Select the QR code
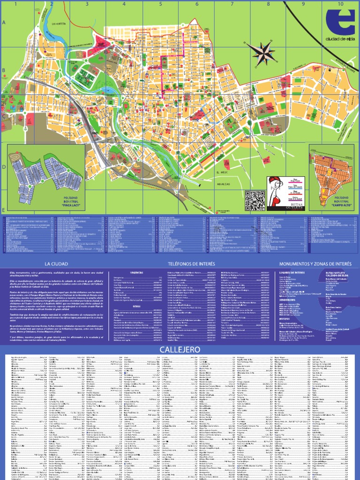(x=255, y=201)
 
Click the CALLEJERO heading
(x=180, y=350)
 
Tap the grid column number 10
(x=339, y=4)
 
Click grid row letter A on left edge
(x=3, y=22)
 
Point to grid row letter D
(x=3, y=166)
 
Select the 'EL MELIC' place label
(x=221, y=173)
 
